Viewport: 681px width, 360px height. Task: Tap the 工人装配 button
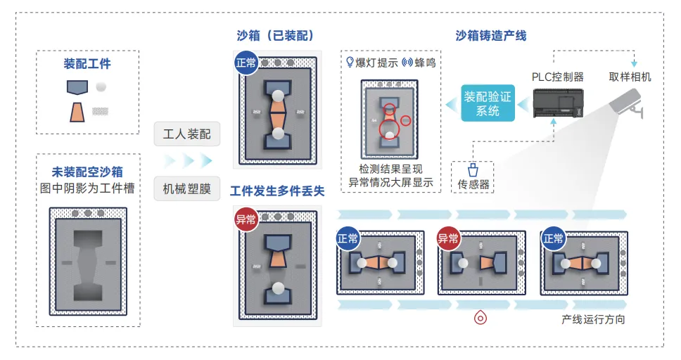click(187, 134)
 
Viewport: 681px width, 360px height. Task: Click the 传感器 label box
click(473, 178)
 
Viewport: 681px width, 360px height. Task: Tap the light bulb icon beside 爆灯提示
click(349, 62)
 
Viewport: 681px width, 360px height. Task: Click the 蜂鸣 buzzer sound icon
click(406, 62)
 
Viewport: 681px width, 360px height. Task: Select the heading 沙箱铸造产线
click(491, 35)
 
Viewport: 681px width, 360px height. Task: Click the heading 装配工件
click(87, 64)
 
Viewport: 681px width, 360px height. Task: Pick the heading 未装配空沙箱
click(87, 172)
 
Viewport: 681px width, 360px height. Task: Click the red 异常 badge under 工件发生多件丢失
click(246, 219)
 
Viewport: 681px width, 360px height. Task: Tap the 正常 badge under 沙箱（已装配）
click(246, 63)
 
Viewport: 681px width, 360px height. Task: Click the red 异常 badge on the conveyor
click(448, 238)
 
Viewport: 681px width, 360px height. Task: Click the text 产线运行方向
click(593, 319)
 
